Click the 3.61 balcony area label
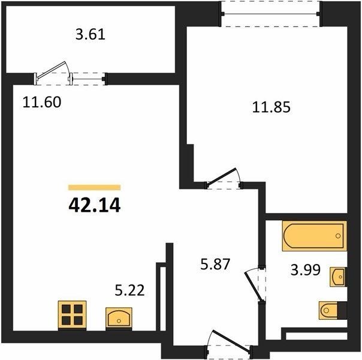(x=90, y=34)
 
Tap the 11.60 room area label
(x=42, y=102)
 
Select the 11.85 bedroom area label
(x=271, y=107)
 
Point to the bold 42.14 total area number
(x=95, y=205)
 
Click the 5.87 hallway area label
(x=215, y=264)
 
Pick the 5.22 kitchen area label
(x=129, y=290)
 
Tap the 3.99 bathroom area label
(x=306, y=269)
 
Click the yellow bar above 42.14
(x=95, y=187)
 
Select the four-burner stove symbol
(x=72, y=315)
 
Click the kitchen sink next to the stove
(x=119, y=317)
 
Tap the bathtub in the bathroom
(x=315, y=236)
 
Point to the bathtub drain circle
(x=338, y=236)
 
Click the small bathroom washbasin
(x=338, y=277)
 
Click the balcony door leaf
(x=52, y=70)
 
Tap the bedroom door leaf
(x=222, y=177)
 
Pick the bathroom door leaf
(x=254, y=286)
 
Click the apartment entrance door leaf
(x=231, y=340)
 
